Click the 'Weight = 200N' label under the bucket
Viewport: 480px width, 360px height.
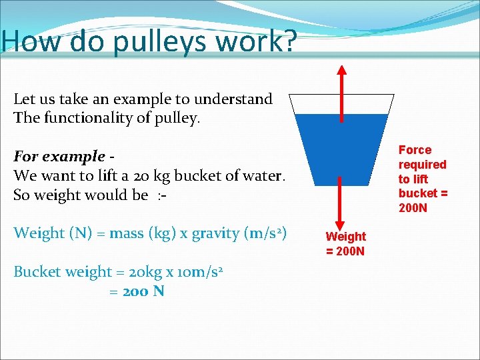tap(346, 243)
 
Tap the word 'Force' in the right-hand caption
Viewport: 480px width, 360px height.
tap(415, 150)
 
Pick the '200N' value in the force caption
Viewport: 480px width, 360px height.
tap(413, 207)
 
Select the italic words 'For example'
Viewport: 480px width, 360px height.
tap(59, 157)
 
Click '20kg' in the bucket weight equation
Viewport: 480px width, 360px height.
tap(137, 272)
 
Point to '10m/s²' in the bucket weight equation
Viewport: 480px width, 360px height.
tap(198, 272)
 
